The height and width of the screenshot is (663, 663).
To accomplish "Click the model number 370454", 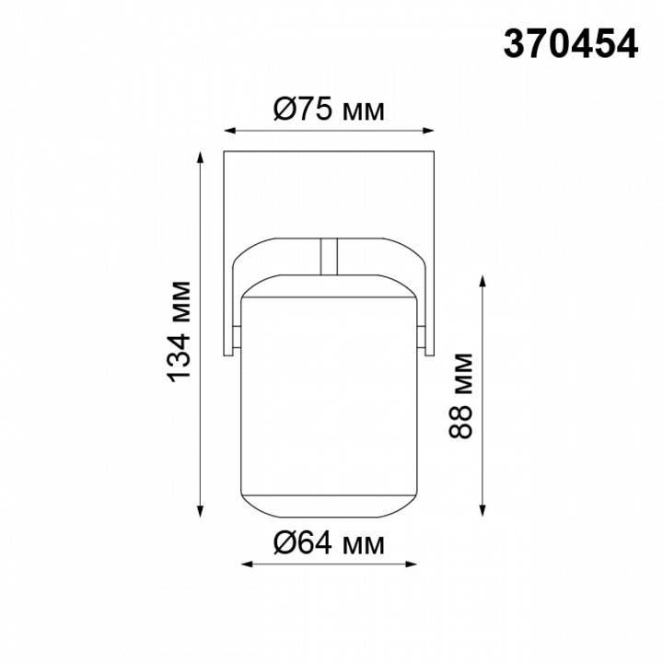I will tap(570, 44).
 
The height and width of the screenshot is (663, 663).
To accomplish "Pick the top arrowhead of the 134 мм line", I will tap(201, 155).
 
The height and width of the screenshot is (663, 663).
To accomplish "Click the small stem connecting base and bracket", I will tap(329, 257).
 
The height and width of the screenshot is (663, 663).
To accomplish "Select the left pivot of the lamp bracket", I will tap(236, 340).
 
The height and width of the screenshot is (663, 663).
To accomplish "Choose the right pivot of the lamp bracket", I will tap(423, 340).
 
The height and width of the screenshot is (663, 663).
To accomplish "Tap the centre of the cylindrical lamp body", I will tap(330, 396).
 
